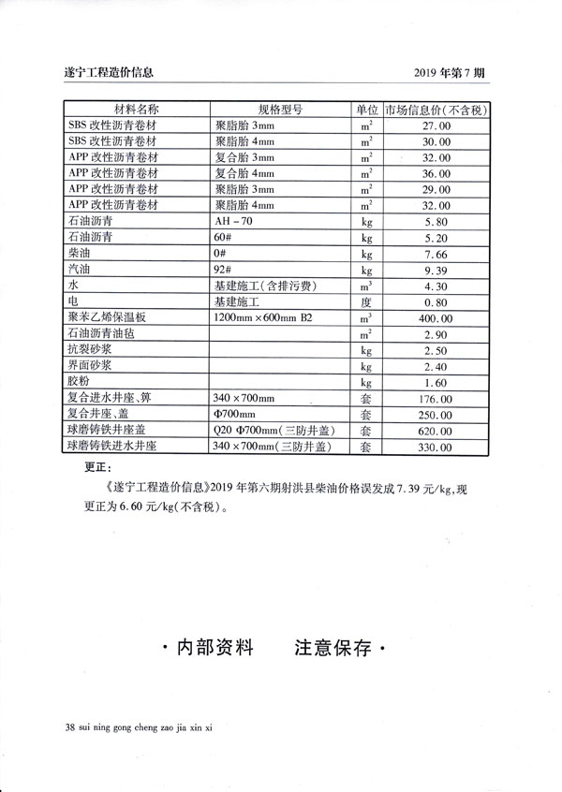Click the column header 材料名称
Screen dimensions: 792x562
pyautogui.click(x=137, y=110)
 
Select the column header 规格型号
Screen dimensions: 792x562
pyautogui.click(x=279, y=110)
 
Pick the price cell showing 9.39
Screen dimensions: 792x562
pyautogui.click(x=437, y=271)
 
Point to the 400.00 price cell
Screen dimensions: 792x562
pyautogui.click(x=437, y=318)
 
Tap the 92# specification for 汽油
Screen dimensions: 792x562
pyautogui.click(x=223, y=271)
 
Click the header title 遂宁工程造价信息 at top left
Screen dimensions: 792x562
pyautogui.click(x=105, y=70)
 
